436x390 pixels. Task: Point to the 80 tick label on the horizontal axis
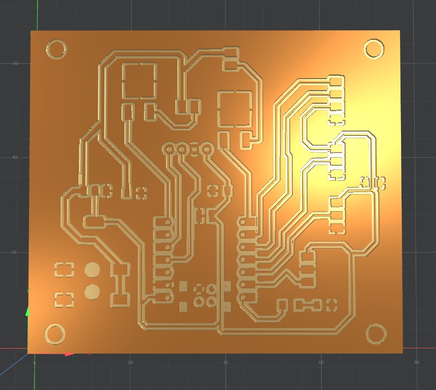416,362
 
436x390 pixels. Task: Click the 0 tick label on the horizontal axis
35,363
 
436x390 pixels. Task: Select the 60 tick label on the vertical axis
15,63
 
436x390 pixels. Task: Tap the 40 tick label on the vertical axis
15,158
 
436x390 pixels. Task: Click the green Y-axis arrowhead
28,311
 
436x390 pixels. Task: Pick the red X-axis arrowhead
70,355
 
